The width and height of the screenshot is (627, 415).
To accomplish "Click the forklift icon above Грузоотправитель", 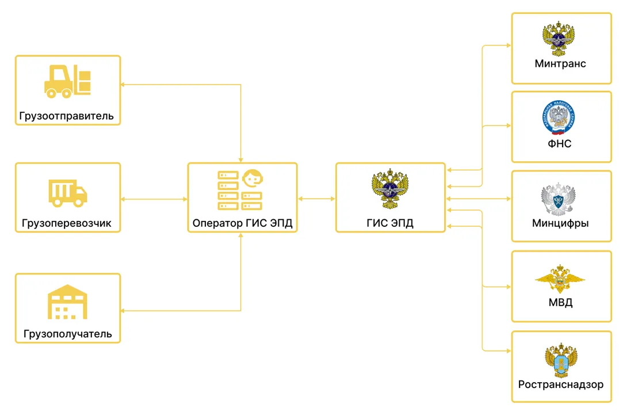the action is tap(67, 81).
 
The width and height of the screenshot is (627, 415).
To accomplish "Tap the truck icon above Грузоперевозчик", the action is tap(67, 193).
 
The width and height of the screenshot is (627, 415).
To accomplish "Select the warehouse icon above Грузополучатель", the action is tap(67, 302).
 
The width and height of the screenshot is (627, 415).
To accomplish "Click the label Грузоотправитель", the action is tap(66, 116).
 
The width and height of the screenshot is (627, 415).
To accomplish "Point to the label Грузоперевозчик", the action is tap(66, 223).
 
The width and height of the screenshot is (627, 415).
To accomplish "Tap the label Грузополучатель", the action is tap(67, 334).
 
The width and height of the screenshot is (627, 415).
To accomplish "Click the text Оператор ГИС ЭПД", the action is tap(242, 223).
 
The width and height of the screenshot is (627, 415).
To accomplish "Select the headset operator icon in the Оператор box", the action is tap(253, 178).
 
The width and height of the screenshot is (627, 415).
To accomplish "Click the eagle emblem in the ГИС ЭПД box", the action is tap(390, 189).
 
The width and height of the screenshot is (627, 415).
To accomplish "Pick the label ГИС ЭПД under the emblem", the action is tap(390, 223).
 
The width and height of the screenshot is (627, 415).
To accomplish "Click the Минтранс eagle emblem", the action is tap(558, 39).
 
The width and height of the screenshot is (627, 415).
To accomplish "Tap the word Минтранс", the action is tap(560, 64).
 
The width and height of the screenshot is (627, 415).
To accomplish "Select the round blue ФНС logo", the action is tap(559, 117).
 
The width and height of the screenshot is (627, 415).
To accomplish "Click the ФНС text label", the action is tap(560, 143).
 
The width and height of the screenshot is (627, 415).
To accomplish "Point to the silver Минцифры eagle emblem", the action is tap(558, 199).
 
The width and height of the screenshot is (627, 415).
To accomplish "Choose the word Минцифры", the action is tap(560, 223).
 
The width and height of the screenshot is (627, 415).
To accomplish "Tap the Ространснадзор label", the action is tap(561, 384).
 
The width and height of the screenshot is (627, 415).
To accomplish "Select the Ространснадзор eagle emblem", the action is tap(561, 360).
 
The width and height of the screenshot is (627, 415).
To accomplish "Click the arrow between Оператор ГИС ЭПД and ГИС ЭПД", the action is tap(316, 199).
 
